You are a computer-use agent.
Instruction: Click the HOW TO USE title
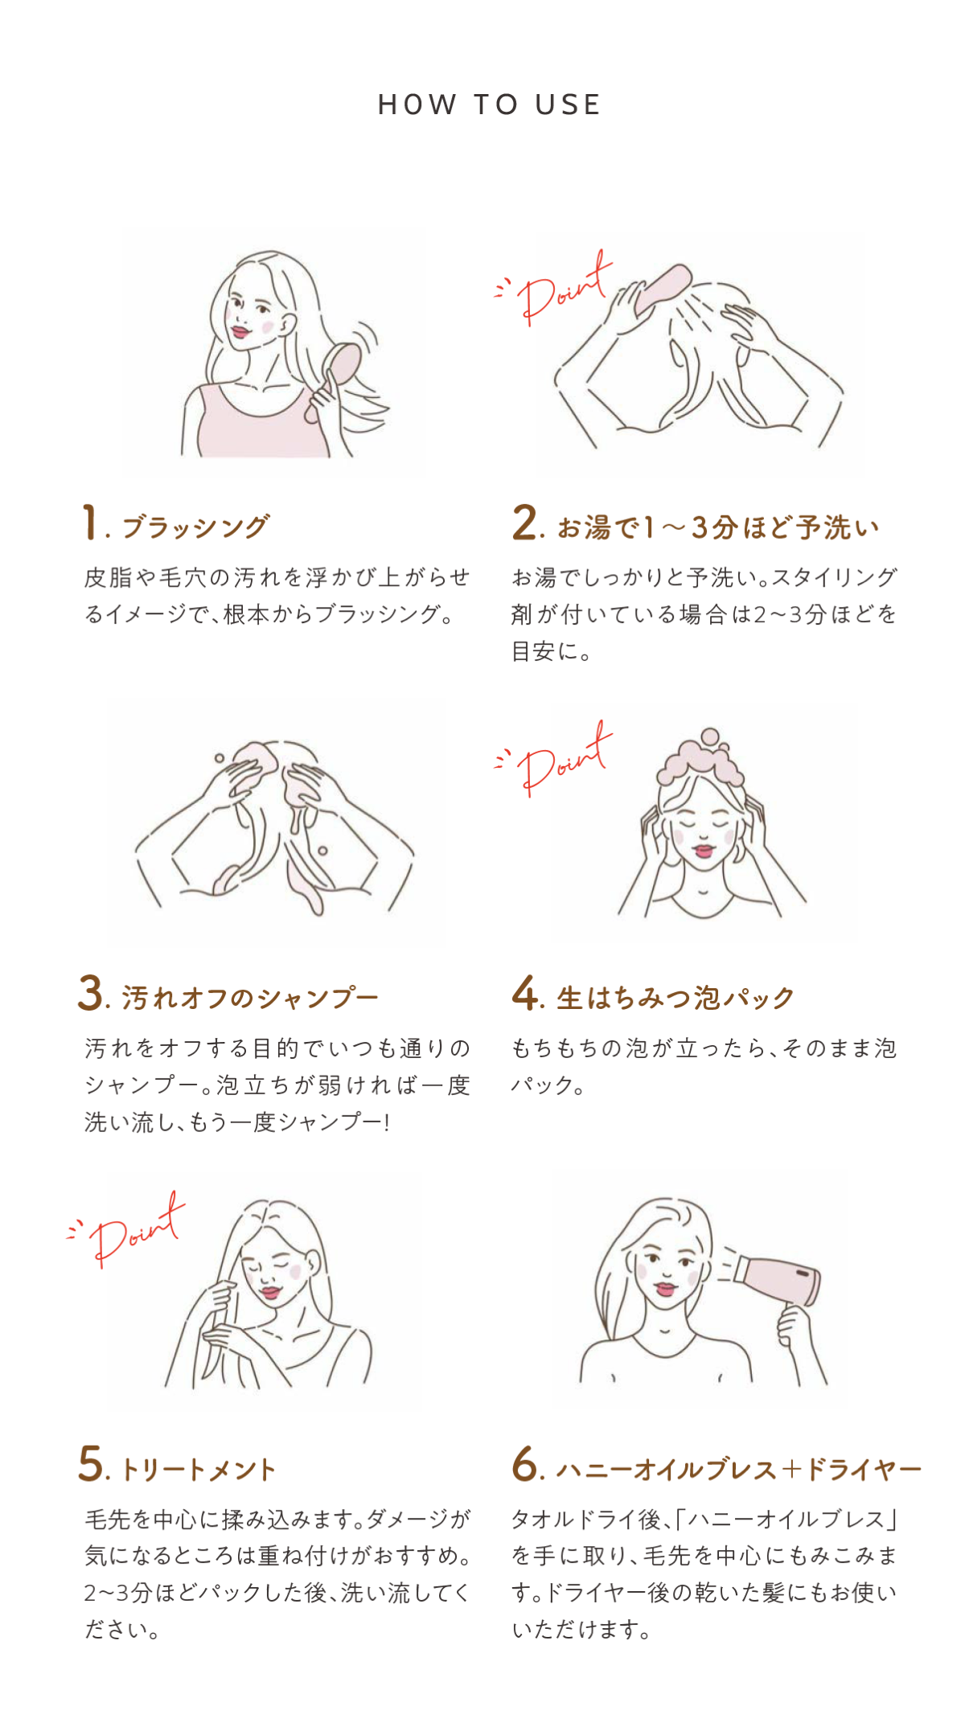(x=489, y=105)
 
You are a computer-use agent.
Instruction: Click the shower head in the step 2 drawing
(x=662, y=289)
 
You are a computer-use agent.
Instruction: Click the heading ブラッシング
(x=195, y=527)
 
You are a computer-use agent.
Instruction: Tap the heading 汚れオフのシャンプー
(x=250, y=999)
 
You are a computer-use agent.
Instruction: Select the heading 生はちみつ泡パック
(x=675, y=999)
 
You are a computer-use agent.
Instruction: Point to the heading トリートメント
(x=199, y=1470)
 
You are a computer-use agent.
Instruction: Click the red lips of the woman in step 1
(x=240, y=330)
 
